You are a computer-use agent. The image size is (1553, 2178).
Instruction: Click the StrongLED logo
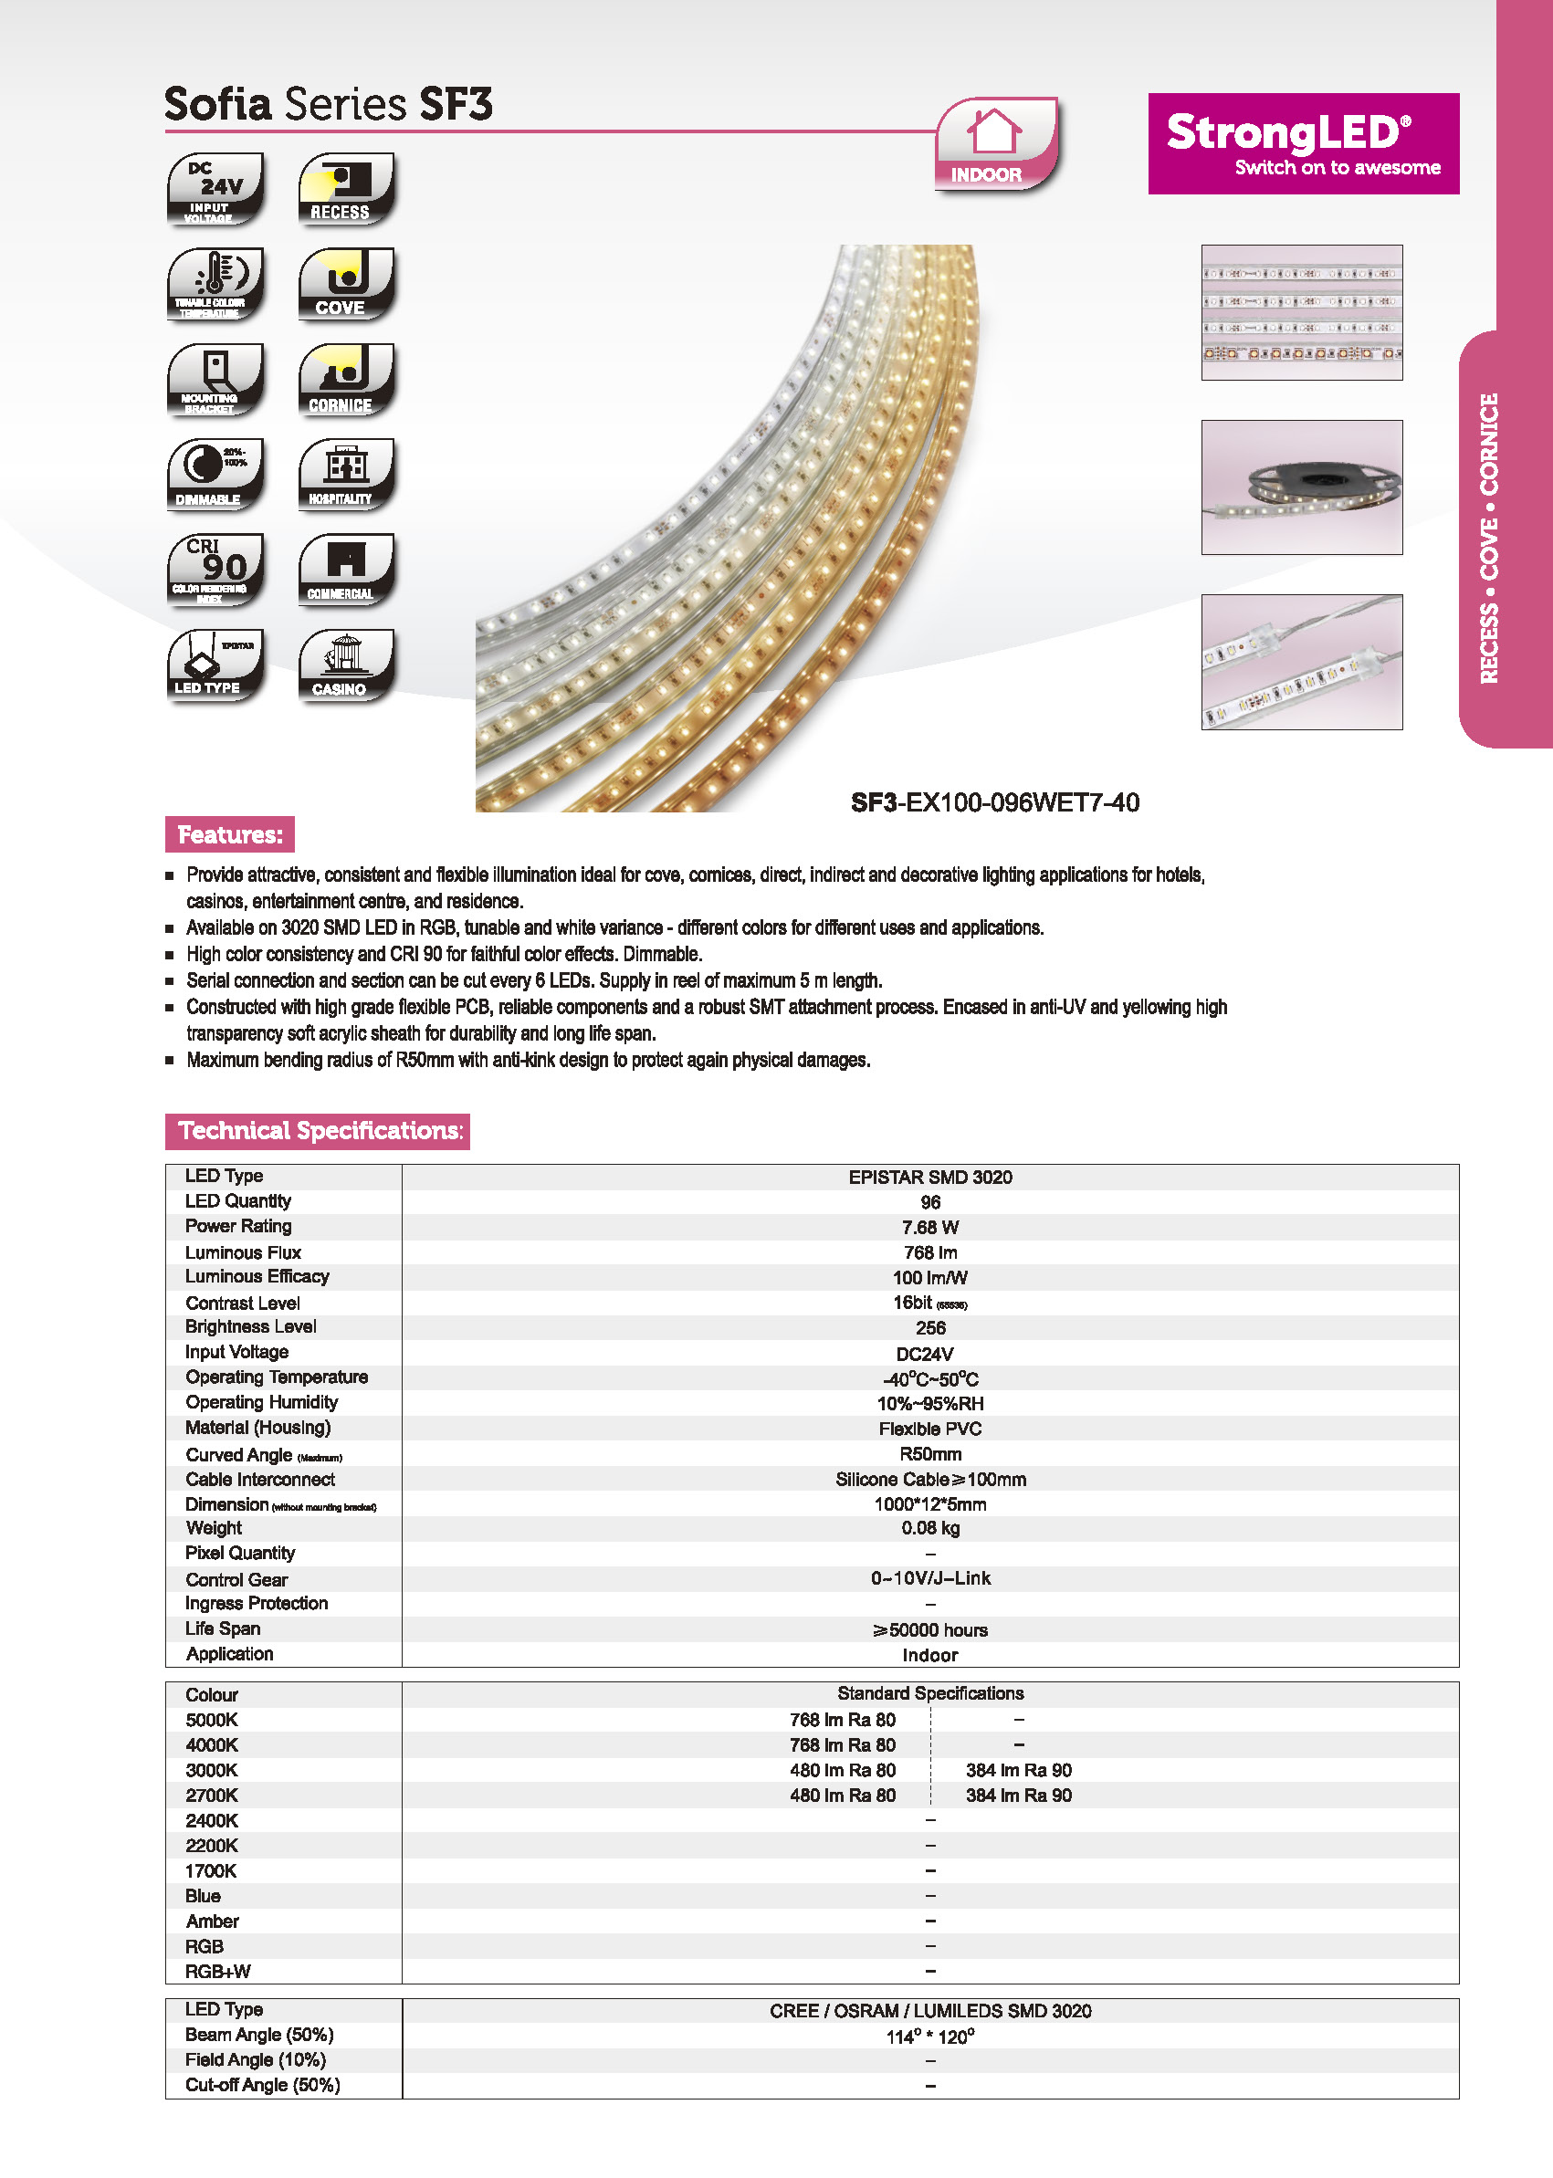1303,143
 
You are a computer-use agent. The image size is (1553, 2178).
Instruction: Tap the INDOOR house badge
995,143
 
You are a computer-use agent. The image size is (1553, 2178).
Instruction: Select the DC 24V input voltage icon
215,188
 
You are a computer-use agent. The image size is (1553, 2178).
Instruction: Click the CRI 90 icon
215,570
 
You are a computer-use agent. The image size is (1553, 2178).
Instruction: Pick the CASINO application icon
346,665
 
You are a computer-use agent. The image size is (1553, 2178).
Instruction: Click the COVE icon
346,284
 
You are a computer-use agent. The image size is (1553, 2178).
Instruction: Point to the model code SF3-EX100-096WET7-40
994,802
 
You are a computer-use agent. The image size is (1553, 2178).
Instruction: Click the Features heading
229,834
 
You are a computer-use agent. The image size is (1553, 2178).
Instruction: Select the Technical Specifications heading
318,1131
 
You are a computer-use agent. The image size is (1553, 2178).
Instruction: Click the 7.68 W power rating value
929,1228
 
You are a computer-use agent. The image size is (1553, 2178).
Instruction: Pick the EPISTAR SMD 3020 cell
929,1177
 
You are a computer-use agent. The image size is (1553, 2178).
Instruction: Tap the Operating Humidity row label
261,1403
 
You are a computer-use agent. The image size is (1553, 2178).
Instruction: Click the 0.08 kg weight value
929,1528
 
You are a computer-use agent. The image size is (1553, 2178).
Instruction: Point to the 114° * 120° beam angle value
929,2037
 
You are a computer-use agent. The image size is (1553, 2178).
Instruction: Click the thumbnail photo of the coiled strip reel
1302,487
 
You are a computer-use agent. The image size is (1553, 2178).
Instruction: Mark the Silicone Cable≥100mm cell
929,1479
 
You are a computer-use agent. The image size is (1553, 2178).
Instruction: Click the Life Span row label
223,1628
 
